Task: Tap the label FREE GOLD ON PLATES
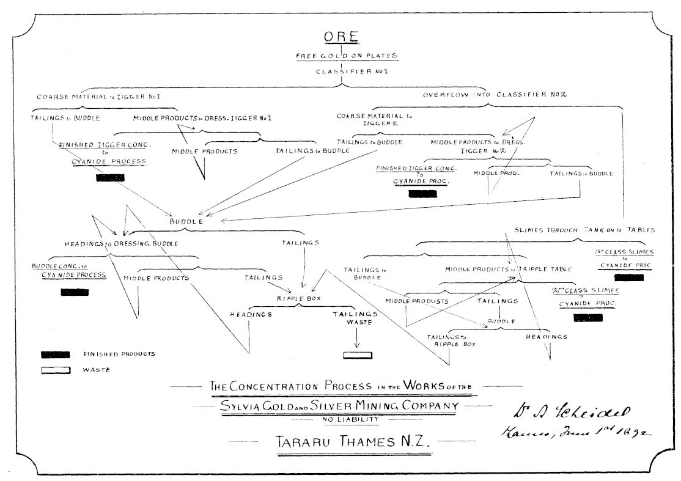pos(347,56)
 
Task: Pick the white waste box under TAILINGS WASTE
pos(358,356)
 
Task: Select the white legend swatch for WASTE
pos(56,369)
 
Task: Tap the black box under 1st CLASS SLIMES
pos(624,277)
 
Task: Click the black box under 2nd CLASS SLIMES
pos(587,317)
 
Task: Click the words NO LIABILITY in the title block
pos(345,420)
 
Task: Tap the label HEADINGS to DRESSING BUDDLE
pos(122,244)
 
